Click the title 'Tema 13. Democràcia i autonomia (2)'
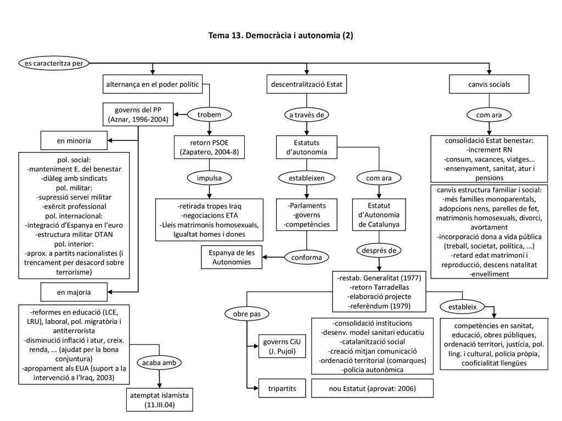click(x=280, y=35)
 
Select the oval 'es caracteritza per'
click(x=54, y=64)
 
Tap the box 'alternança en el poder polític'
click(x=153, y=84)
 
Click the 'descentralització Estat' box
click(x=306, y=84)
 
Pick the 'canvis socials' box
click(x=489, y=84)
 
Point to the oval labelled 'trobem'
click(x=209, y=115)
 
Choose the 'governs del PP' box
click(x=138, y=115)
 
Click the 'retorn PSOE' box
click(x=209, y=147)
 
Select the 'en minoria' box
click(x=74, y=140)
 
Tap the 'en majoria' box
click(x=74, y=292)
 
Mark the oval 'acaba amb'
click(x=159, y=363)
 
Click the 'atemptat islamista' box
click(x=159, y=400)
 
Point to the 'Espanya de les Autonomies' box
click(x=232, y=257)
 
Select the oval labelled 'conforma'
click(x=306, y=257)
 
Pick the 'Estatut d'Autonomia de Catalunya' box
click(x=379, y=215)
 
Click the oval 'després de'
click(x=379, y=250)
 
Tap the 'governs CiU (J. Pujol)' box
click(x=282, y=346)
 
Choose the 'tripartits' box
click(x=282, y=388)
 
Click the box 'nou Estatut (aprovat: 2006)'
click(x=372, y=388)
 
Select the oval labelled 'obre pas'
click(x=246, y=314)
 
